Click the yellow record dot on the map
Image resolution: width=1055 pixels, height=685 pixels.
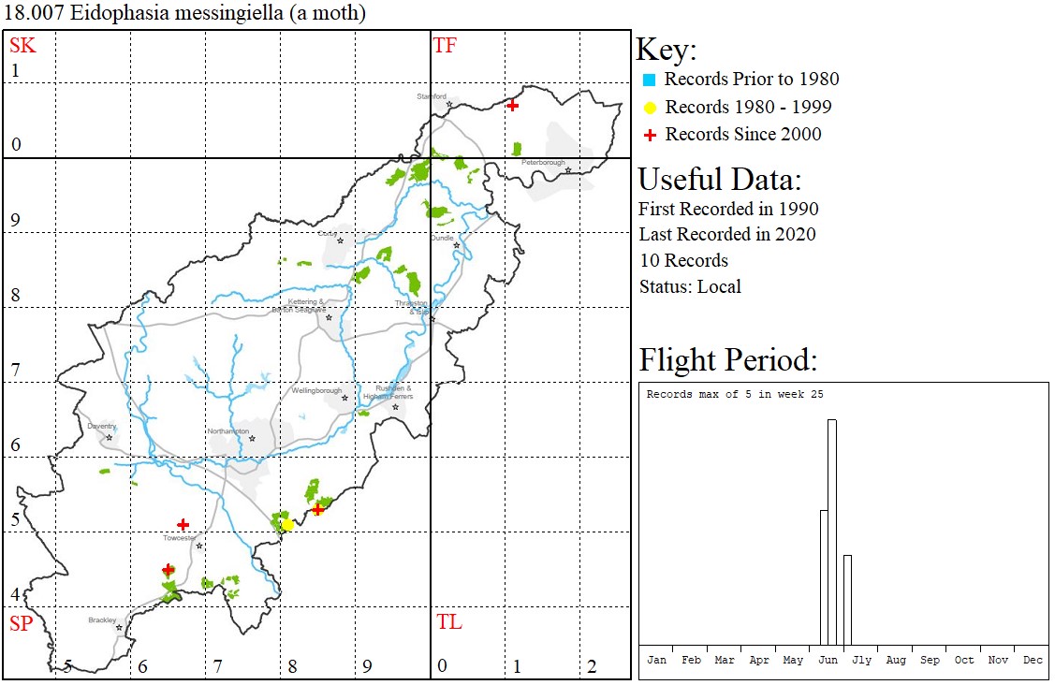pos(288,525)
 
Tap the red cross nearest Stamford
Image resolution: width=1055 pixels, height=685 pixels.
pos(512,106)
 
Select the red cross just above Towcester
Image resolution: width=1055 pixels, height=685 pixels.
pos(183,525)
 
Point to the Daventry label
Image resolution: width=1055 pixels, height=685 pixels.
pos(101,427)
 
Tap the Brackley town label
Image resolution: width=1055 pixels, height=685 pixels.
pos(102,620)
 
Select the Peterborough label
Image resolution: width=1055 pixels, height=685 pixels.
pos(544,163)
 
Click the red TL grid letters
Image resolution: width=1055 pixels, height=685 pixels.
pos(449,622)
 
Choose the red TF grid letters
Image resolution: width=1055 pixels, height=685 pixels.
pos(445,45)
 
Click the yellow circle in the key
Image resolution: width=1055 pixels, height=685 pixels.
pos(650,108)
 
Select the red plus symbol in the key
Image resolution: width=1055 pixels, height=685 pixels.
pos(650,135)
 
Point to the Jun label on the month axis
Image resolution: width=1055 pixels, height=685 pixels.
pos(828,660)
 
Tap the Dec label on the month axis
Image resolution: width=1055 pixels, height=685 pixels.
pos(1033,660)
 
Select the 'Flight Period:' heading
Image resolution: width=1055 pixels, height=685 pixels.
pos(727,359)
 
